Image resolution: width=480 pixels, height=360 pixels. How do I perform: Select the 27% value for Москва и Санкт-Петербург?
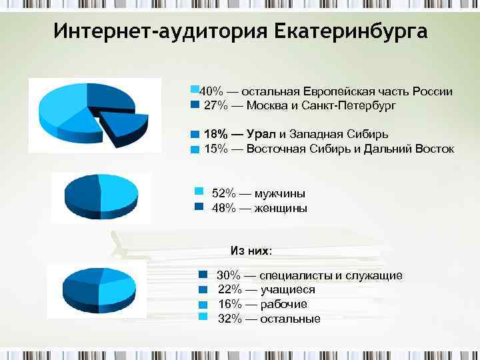tap(215, 106)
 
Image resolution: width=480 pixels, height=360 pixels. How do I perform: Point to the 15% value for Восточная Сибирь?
tap(215, 149)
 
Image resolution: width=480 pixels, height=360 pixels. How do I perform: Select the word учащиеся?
tap(287, 289)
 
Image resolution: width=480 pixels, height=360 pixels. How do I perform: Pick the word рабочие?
tap(283, 304)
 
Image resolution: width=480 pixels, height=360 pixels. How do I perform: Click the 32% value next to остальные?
tap(229, 319)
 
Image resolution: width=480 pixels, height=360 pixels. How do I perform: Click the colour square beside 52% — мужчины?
tap(198, 191)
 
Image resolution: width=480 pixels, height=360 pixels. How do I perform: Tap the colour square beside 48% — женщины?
tap(198, 206)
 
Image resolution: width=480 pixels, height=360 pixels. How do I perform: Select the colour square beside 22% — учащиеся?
tap(205, 289)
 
